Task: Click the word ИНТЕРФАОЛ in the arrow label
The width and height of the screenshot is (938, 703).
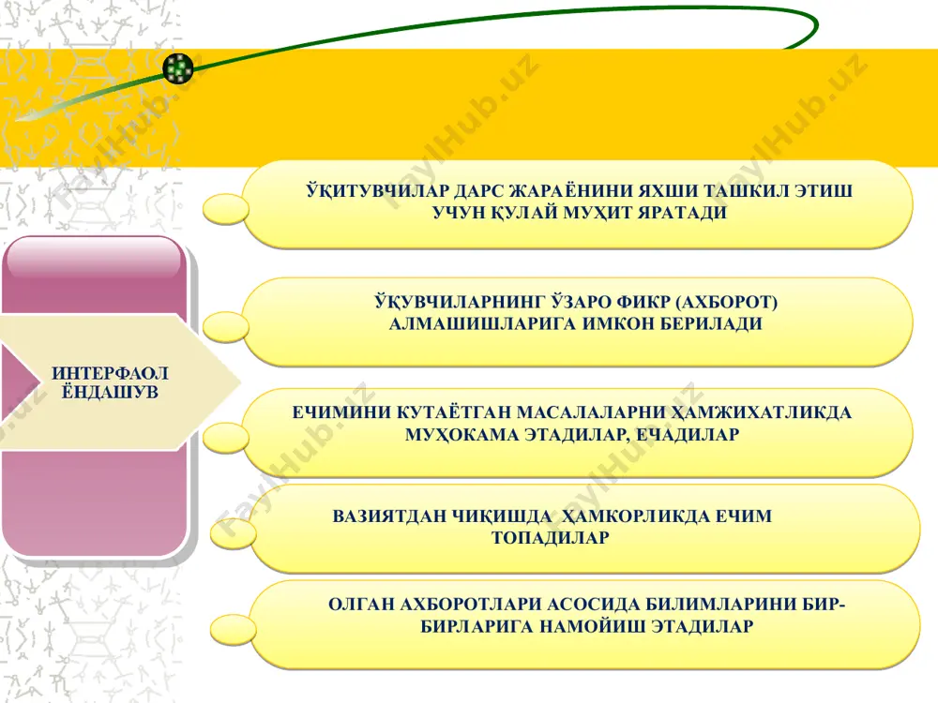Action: (110, 373)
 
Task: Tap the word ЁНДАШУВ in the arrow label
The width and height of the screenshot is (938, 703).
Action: (110, 392)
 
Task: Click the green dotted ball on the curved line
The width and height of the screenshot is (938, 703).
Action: (178, 68)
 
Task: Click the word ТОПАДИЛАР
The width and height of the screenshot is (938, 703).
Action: (551, 537)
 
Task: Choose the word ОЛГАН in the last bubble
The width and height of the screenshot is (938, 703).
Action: (361, 605)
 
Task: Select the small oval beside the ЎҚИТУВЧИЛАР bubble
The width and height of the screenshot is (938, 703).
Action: (225, 209)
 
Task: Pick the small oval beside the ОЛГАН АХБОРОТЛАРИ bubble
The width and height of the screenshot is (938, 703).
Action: (234, 629)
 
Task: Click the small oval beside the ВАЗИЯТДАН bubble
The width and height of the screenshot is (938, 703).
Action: (234, 533)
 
